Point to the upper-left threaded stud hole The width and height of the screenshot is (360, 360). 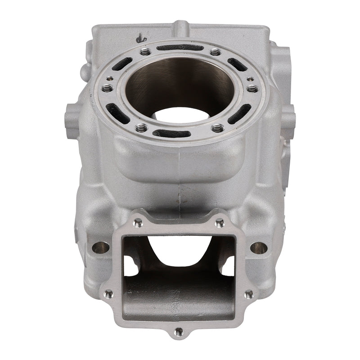(x=145, y=53)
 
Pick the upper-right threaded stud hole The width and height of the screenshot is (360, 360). (x=216, y=53)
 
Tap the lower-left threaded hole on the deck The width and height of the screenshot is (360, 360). (x=141, y=128)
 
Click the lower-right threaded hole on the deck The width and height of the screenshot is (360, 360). (x=218, y=128)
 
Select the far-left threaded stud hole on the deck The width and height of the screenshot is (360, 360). (x=107, y=89)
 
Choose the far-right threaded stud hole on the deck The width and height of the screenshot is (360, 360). (x=253, y=89)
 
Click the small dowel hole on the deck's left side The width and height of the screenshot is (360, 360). (x=110, y=79)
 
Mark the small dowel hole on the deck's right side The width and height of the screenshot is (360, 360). (x=250, y=79)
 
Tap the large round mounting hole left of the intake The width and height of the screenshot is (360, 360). (x=100, y=247)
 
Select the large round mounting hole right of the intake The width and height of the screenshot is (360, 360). (x=259, y=247)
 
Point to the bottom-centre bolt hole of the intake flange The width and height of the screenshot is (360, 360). (x=179, y=331)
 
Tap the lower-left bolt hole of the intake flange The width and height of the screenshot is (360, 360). (x=108, y=294)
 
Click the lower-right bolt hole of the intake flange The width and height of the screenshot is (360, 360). (x=248, y=294)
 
